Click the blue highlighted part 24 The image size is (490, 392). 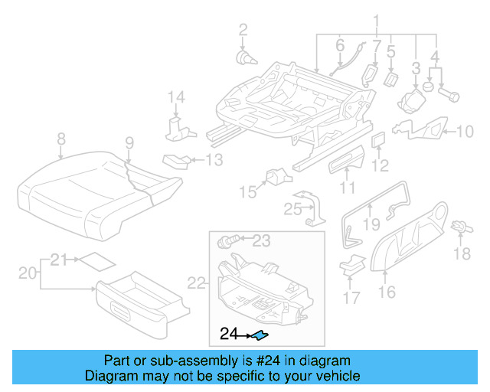260,335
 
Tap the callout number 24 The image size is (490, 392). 229,334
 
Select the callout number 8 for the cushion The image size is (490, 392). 61,139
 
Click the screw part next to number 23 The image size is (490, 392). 227,242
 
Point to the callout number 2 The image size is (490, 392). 243,30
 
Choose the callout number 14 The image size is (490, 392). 177,96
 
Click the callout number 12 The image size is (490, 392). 381,165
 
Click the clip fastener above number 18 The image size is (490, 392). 459,227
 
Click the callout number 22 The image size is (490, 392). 196,283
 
